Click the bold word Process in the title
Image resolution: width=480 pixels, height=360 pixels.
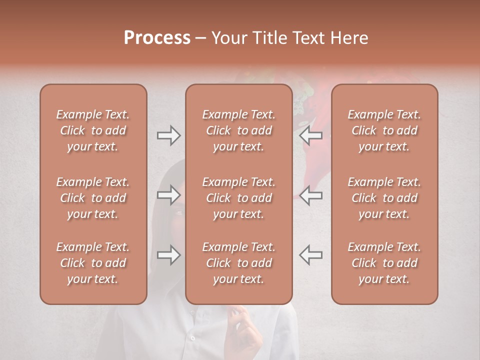click(x=157, y=38)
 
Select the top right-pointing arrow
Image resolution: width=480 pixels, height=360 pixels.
click(x=168, y=135)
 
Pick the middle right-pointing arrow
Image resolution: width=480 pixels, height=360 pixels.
click(x=168, y=195)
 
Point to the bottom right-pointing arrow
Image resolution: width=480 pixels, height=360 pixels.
click(x=168, y=255)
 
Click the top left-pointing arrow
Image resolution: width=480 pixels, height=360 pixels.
click(x=311, y=135)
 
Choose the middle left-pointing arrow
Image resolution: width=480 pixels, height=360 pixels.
click(x=311, y=195)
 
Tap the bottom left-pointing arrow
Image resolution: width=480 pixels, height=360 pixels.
click(x=311, y=255)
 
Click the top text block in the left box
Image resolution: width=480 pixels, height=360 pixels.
click(x=93, y=130)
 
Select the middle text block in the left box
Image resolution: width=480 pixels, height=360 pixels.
click(x=93, y=198)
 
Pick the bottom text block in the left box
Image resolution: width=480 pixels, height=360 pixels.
click(x=93, y=263)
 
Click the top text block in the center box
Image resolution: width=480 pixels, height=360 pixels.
click(x=238, y=130)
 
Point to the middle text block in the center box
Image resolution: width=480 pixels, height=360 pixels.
click(x=238, y=198)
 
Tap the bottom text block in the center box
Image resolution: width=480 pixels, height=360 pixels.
click(x=238, y=263)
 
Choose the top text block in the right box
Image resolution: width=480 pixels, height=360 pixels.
click(x=384, y=130)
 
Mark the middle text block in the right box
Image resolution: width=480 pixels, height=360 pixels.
click(x=384, y=198)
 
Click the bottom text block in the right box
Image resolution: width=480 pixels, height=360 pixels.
click(x=384, y=263)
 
